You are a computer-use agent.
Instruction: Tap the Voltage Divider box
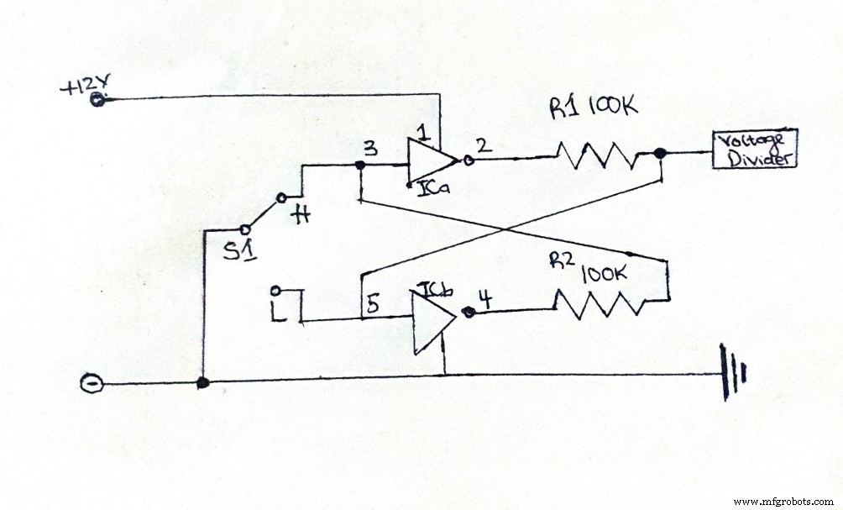point(753,150)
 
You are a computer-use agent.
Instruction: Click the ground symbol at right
point(732,375)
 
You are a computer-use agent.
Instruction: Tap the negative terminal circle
point(90,384)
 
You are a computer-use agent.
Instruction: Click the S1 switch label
point(234,250)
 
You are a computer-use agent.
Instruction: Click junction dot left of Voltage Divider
point(661,154)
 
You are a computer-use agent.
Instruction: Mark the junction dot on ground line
point(202,383)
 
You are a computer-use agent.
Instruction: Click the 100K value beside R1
point(615,106)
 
